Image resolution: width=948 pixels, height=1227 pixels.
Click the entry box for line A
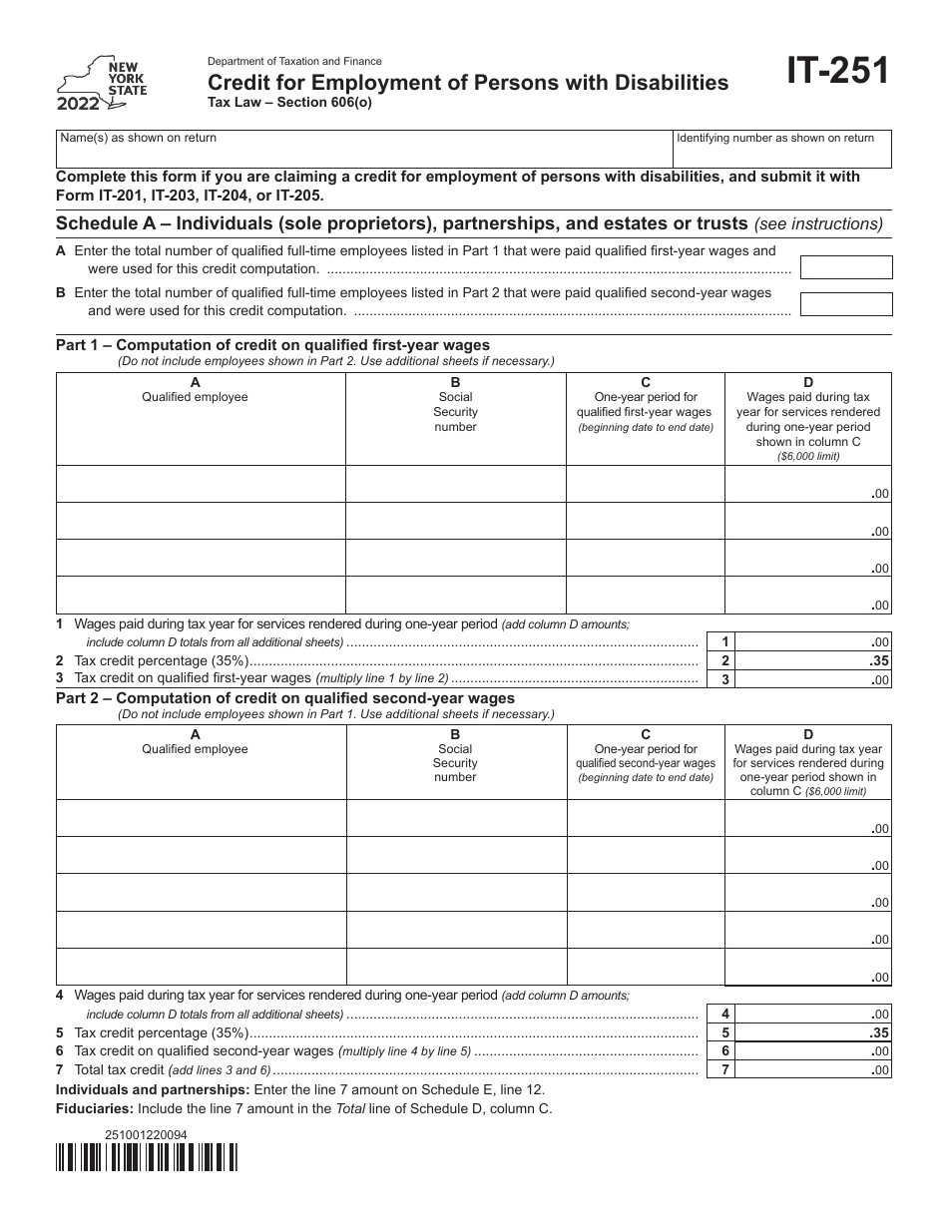click(x=846, y=267)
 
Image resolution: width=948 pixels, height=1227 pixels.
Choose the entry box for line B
click(x=846, y=303)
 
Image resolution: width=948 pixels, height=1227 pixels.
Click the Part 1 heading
click(x=272, y=345)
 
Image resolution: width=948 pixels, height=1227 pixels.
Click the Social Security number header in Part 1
click(x=455, y=411)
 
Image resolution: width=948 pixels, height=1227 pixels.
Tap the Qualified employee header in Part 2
click(x=195, y=748)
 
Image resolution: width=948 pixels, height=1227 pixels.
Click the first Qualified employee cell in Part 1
click(x=201, y=483)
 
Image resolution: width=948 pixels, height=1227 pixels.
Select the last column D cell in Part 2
click(x=807, y=967)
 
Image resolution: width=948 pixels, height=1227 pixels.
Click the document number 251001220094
click(x=146, y=1134)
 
